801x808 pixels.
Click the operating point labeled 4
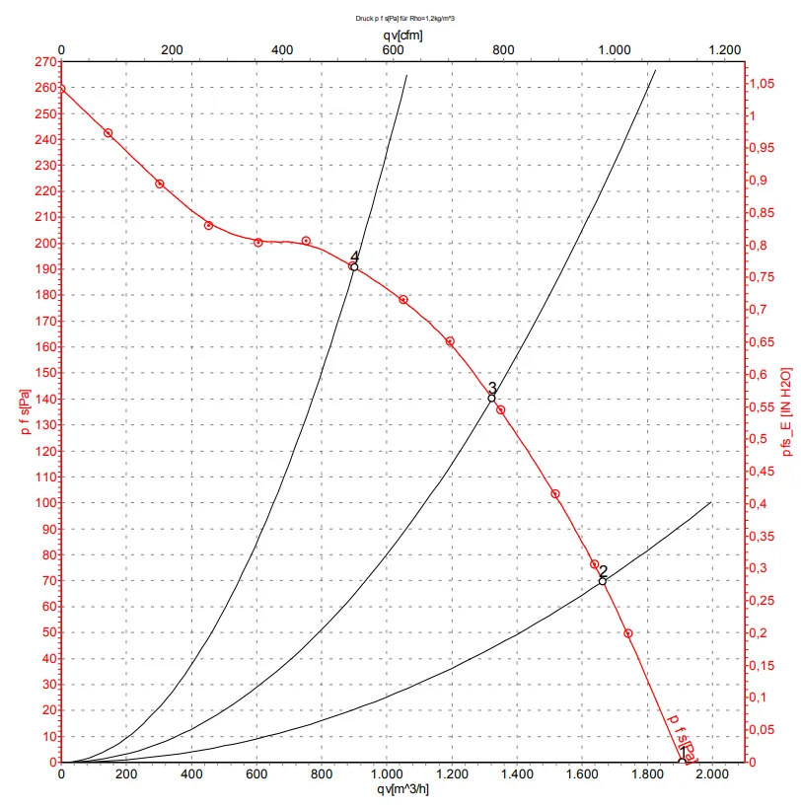pos(354,266)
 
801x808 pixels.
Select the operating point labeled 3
pos(491,398)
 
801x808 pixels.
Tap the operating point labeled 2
pos(603,581)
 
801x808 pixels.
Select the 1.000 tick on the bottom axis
pos(387,776)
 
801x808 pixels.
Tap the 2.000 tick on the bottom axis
pos(711,776)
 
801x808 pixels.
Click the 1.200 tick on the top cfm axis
pos(724,49)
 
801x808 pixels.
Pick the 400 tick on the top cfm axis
pos(282,49)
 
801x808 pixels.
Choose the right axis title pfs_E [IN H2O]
pos(787,412)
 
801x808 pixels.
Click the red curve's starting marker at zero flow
pos(61,88)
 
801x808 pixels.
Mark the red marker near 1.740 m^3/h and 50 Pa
pos(627,633)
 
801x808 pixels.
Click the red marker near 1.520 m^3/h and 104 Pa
pos(555,493)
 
